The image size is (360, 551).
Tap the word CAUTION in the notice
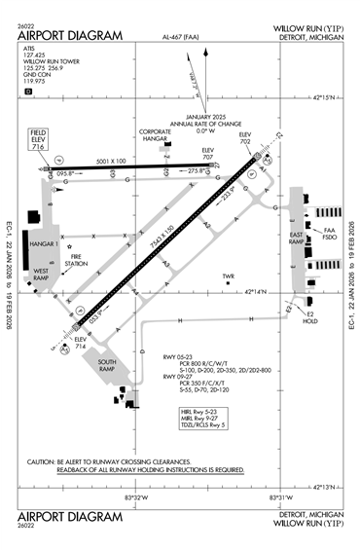[x=42, y=461]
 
